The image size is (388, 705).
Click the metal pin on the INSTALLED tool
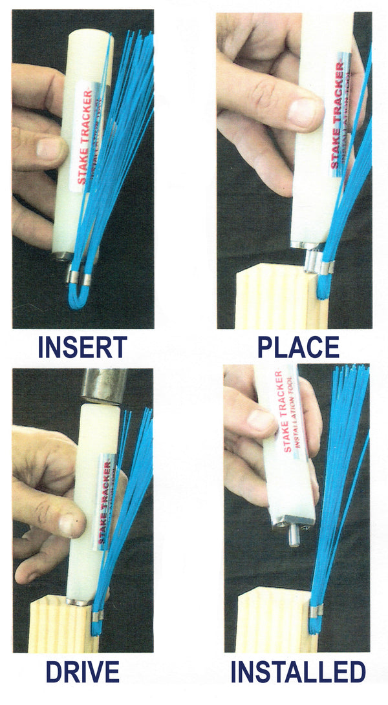point(294,536)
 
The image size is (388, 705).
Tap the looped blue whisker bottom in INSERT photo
point(78,299)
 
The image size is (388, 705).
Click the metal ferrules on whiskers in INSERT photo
point(80,279)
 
